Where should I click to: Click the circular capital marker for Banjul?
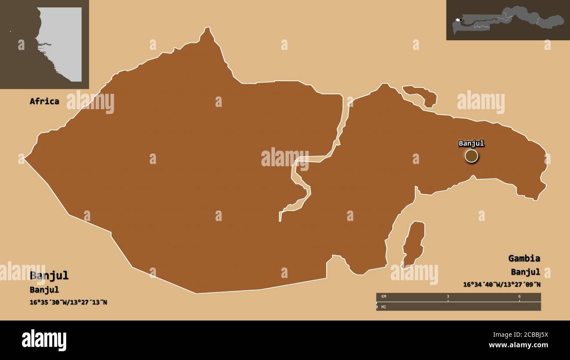[471, 156]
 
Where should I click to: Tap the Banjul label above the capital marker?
[471, 143]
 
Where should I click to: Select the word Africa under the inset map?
[44, 101]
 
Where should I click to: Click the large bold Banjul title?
[49, 276]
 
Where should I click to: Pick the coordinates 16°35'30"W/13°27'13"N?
[68, 302]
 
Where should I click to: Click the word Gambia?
[524, 258]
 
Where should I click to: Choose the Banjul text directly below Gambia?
[525, 271]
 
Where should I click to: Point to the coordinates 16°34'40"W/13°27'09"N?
[502, 284]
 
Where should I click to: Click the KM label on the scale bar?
[384, 296]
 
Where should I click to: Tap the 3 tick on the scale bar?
[448, 296]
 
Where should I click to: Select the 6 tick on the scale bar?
[520, 296]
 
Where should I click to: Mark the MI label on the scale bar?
[383, 307]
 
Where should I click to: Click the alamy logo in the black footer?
[44, 340]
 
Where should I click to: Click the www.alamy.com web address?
[518, 346]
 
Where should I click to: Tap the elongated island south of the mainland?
[413, 244]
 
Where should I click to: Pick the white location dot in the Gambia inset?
[460, 20]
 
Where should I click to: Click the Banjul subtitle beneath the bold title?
[44, 290]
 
